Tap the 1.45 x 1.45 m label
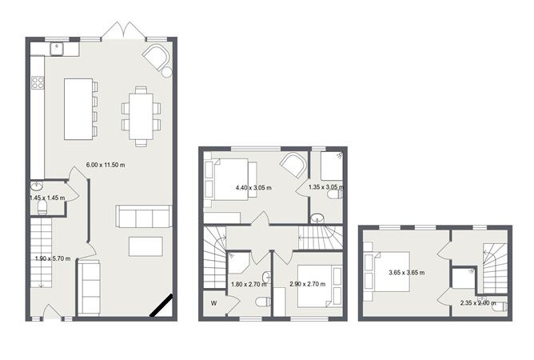coord(46,198)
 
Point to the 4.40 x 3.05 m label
coord(255,188)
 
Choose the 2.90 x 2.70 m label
coord(307,284)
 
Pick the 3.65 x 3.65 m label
coord(404,272)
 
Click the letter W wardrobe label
coord(213,302)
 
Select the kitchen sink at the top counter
coord(58,49)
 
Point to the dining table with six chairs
coord(141,115)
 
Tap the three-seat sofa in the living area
coord(144,217)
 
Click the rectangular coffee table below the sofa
coord(145,246)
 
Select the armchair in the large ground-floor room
coord(157,58)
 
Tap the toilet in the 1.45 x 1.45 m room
coord(45,210)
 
